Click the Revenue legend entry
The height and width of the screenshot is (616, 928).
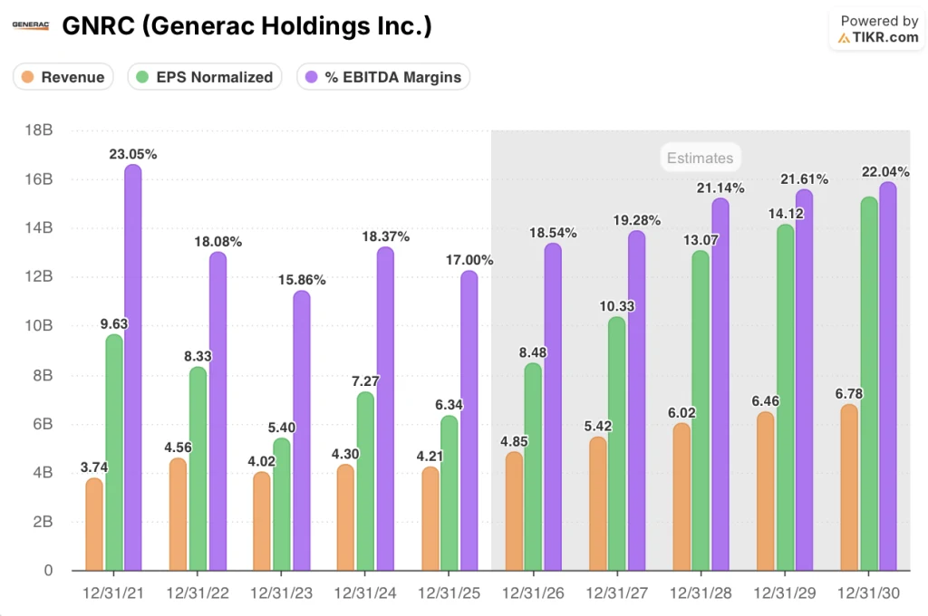(x=63, y=77)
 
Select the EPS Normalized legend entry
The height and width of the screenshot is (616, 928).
(x=205, y=77)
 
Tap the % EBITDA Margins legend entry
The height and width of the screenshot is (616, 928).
(x=383, y=77)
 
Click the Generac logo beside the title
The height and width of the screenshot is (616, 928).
(x=31, y=26)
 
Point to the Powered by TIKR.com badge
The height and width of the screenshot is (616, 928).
(x=878, y=29)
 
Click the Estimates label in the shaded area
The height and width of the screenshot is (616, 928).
(x=700, y=158)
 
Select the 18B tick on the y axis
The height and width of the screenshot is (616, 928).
(x=40, y=130)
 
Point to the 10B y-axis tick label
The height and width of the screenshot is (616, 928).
(x=40, y=326)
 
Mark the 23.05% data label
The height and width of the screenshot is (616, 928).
(x=133, y=154)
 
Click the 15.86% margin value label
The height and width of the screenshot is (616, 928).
(x=301, y=280)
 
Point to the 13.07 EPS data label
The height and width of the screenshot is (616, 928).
(x=701, y=240)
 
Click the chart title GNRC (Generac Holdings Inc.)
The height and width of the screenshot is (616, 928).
(x=246, y=26)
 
